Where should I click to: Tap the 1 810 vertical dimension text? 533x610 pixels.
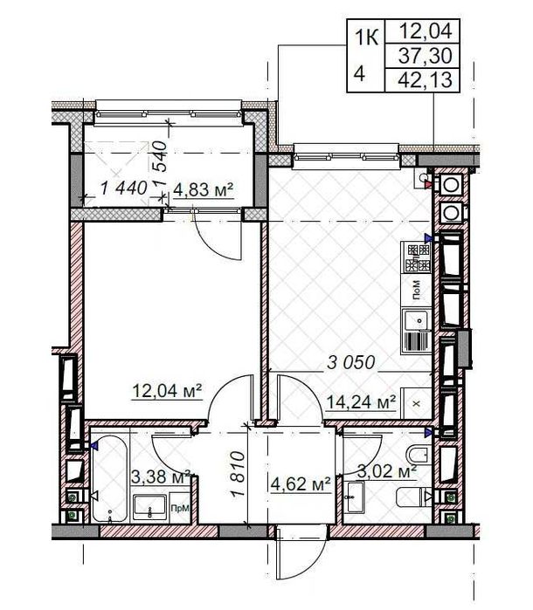click(237, 476)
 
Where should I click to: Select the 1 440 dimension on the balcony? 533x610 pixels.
click(122, 188)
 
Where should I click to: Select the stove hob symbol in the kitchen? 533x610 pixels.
click(417, 257)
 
